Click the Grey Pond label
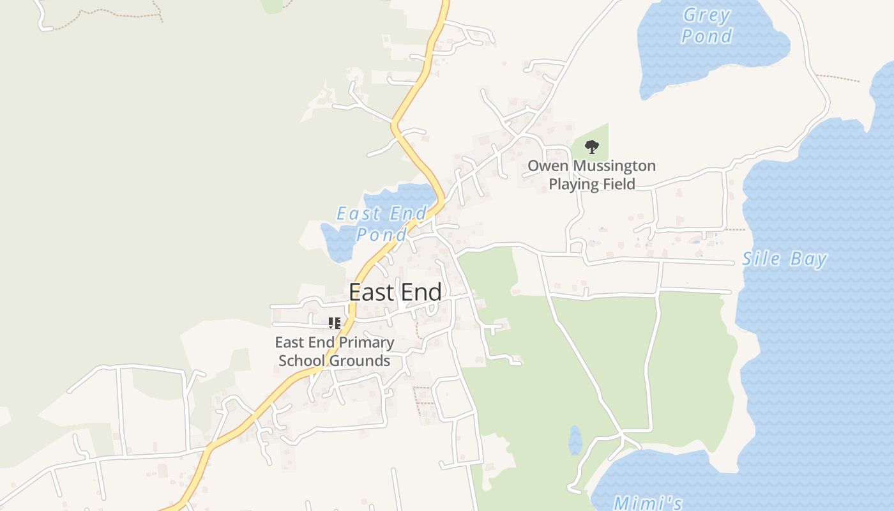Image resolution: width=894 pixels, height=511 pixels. click(706, 26)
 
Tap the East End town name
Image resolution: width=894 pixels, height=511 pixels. click(395, 292)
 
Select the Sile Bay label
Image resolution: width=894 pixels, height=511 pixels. click(784, 259)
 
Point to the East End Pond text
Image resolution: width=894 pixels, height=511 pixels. click(381, 224)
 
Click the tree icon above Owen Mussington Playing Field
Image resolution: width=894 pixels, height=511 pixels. click(592, 147)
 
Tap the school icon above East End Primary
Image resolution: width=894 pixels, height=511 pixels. click(335, 323)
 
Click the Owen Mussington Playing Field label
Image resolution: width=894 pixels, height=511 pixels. click(591, 175)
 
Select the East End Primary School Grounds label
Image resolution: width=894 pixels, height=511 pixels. click(335, 351)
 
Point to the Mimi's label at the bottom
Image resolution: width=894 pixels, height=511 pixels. click(648, 503)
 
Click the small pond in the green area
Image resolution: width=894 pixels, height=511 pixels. click(575, 440)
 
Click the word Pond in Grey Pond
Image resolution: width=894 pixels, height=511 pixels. click(706, 36)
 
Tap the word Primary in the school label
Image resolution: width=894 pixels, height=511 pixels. click(365, 342)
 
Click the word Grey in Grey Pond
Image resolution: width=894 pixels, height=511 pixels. click(706, 15)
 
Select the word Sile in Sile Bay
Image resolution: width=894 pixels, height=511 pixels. click(761, 259)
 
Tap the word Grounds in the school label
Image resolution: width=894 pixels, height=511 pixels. click(361, 361)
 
